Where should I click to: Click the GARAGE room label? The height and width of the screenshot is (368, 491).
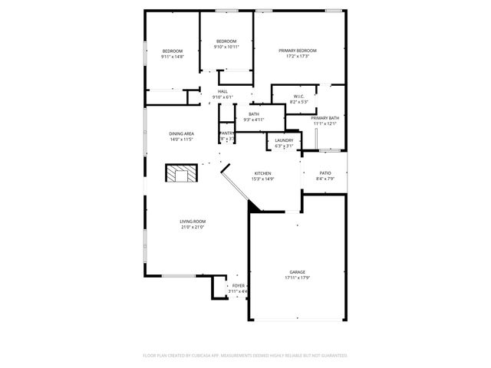[x=298, y=272]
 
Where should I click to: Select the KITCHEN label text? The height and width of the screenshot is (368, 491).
[x=263, y=173]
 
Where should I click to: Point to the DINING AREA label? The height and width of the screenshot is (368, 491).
[x=182, y=133]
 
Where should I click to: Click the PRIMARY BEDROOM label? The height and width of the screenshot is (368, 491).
[x=297, y=51]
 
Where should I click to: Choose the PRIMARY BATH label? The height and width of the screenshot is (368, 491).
[x=325, y=118]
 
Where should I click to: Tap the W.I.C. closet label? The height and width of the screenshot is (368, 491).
[x=299, y=96]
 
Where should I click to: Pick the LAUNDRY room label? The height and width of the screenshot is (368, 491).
[x=285, y=140]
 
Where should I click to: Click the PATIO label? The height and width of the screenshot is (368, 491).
[x=325, y=173]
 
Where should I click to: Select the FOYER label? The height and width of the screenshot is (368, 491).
[x=239, y=286]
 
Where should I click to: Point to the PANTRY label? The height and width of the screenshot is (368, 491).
[x=227, y=133]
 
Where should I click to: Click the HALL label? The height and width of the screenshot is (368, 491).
[x=222, y=91]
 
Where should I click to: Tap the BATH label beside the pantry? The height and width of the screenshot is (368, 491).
[x=253, y=114]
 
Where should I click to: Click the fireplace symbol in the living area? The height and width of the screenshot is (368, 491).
[x=183, y=173]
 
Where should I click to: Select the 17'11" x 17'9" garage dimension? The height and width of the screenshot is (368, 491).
[x=298, y=278]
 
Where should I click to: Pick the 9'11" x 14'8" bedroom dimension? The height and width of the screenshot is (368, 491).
[x=172, y=57]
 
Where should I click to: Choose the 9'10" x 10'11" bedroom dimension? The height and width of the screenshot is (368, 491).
[x=226, y=47]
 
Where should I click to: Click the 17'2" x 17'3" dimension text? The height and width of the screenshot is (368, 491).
[x=297, y=57]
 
